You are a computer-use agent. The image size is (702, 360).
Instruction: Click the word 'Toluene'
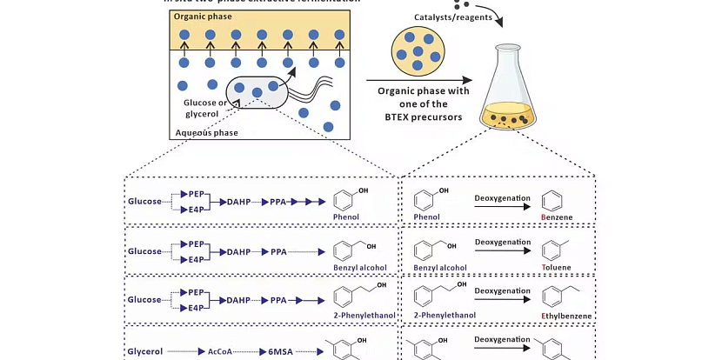tap(558, 268)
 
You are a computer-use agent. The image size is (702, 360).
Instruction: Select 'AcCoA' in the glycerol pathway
tap(217, 352)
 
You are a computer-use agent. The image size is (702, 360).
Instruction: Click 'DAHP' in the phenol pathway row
tap(238, 202)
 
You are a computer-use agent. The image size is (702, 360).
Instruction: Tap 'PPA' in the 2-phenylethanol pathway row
tap(278, 300)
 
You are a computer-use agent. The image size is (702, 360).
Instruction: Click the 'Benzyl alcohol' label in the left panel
tap(360, 267)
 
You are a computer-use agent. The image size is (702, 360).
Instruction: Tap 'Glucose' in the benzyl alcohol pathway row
tap(144, 251)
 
